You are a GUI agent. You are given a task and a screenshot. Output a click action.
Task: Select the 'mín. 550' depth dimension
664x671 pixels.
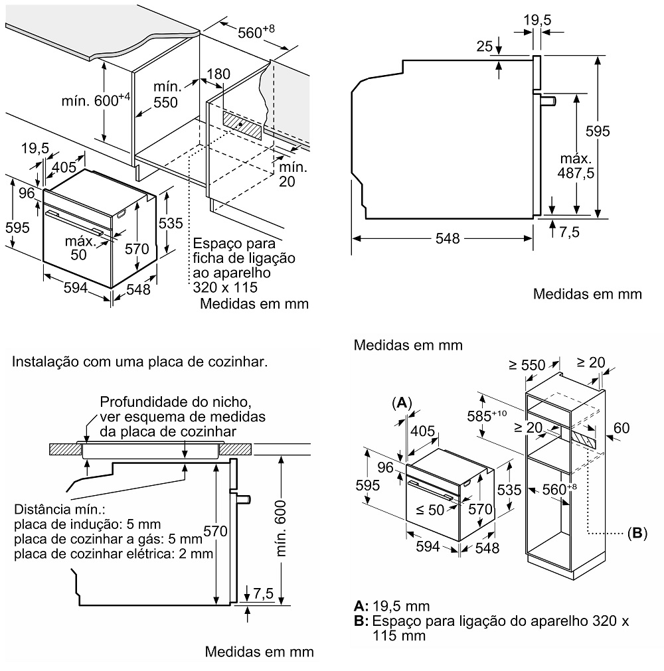point(165,95)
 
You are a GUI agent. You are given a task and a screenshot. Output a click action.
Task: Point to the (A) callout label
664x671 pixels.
point(402,403)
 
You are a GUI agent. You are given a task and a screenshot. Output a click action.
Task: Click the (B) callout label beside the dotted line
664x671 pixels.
point(635,533)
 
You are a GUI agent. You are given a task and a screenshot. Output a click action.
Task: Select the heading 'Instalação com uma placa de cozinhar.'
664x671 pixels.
point(141,362)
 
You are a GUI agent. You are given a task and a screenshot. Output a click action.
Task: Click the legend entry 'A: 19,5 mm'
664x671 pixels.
point(392,606)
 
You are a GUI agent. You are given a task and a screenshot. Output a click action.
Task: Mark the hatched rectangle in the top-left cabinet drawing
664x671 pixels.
point(244,124)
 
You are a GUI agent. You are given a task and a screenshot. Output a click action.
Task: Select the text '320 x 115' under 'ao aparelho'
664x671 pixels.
point(225,287)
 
